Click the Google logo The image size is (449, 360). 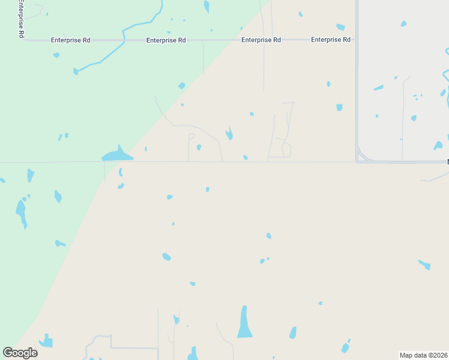(20, 353)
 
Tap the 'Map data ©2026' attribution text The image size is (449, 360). (424, 355)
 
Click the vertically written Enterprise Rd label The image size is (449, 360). (20, 19)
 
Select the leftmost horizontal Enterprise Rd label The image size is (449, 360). (70, 40)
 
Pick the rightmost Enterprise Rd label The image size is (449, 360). (330, 40)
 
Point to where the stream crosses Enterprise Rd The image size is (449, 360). (124, 40)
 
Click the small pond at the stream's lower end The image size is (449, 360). (76, 71)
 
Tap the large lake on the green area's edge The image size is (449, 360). (118, 155)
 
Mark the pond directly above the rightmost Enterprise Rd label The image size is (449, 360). (340, 27)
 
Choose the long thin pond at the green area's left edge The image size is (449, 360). (21, 213)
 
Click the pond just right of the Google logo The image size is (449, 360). (46, 341)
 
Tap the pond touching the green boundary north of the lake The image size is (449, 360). (181, 86)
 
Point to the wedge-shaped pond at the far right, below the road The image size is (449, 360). (424, 264)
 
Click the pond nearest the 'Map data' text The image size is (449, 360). (346, 347)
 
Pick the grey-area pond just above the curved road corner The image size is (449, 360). (438, 146)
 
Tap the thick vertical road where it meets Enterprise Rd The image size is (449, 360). (357, 40)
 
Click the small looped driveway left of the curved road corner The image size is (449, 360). (286, 149)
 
